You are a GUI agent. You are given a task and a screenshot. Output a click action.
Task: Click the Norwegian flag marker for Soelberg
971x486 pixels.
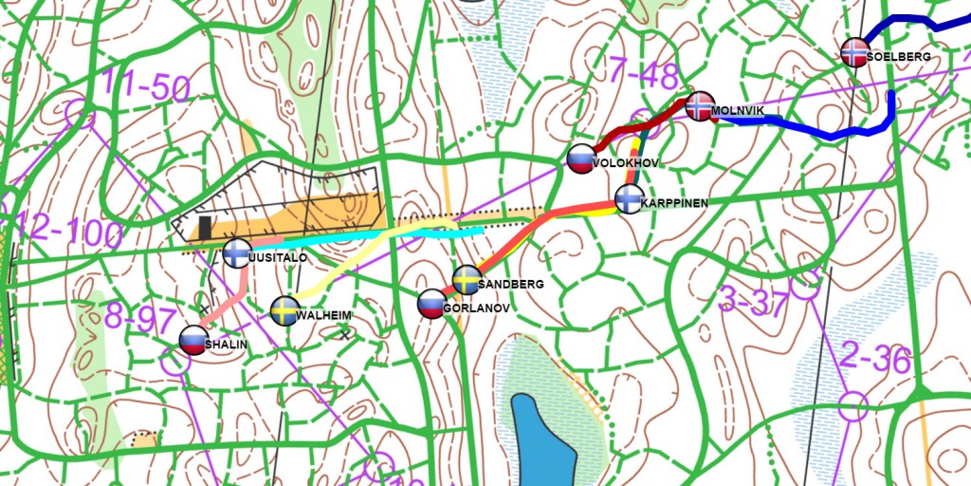pos(854,51)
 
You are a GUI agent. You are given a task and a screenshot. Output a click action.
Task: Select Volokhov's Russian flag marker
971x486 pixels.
pos(580,159)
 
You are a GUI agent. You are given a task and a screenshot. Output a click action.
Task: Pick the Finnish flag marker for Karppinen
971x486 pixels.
pos(628,199)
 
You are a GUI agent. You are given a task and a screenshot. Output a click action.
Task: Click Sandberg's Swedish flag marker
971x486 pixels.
pos(465,280)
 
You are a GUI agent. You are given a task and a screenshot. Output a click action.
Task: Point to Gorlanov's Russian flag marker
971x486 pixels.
pos(431,304)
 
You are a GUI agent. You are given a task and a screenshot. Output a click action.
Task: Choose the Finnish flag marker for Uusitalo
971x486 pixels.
pos(236,253)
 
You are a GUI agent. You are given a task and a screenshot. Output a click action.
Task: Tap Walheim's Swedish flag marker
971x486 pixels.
pos(284,310)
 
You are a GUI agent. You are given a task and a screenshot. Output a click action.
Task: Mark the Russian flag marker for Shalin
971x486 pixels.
pos(193,340)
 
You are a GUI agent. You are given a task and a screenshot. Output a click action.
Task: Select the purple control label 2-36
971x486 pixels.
pos(875,360)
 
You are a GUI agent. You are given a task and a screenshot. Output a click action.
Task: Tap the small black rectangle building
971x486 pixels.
pos(205,228)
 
